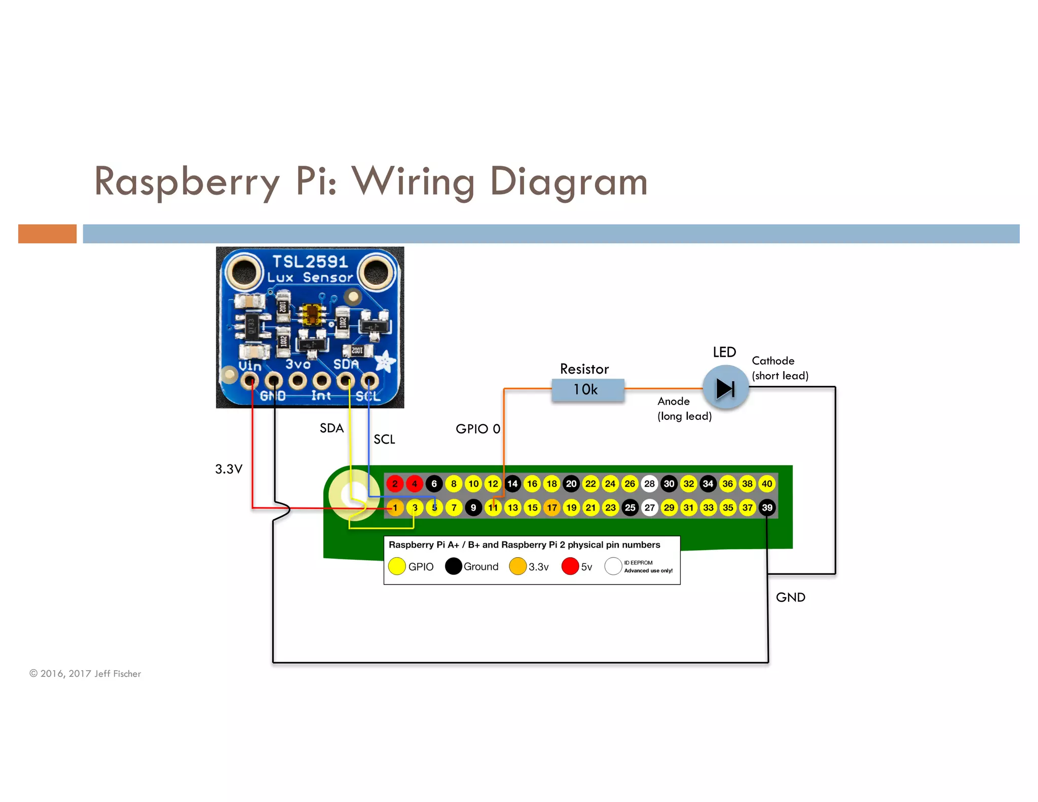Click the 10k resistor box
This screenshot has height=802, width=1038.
tap(587, 390)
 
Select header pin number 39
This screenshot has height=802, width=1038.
tap(767, 507)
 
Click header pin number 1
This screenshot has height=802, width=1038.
tap(395, 507)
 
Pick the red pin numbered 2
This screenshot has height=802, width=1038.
tap(395, 484)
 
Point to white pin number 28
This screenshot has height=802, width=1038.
tap(649, 484)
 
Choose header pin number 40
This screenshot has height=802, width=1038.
tap(767, 484)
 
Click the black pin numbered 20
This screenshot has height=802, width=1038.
tap(571, 484)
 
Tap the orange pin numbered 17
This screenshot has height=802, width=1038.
tap(552, 507)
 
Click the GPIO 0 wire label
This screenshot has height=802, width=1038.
tap(477, 429)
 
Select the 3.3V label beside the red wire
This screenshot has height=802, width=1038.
tap(229, 469)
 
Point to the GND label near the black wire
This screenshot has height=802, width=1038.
tap(790, 597)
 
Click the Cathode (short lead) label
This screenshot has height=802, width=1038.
tap(780, 368)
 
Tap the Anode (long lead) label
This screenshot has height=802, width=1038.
tap(684, 409)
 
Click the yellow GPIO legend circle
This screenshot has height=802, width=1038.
tap(397, 566)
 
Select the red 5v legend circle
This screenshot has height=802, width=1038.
tap(570, 566)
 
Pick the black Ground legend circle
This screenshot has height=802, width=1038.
tap(453, 566)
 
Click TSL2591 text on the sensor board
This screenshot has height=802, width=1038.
tap(310, 262)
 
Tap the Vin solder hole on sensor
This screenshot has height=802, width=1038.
tap(249, 380)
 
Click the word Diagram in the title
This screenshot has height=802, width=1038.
tap(569, 181)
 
